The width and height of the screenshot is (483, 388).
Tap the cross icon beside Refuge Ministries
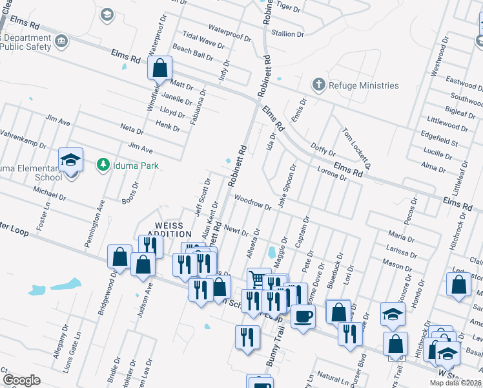[318, 85]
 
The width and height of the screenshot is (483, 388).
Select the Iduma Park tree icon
[102, 165]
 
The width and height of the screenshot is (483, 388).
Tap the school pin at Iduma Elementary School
[71, 160]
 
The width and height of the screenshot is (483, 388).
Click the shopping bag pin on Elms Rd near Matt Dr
[159, 67]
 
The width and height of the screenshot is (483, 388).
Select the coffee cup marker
[302, 317]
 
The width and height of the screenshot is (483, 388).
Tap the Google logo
[21, 380]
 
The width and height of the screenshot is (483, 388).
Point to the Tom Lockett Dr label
[356, 147]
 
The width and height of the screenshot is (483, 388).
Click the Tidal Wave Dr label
[203, 41]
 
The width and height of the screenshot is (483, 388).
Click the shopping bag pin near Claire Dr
[458, 285]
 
